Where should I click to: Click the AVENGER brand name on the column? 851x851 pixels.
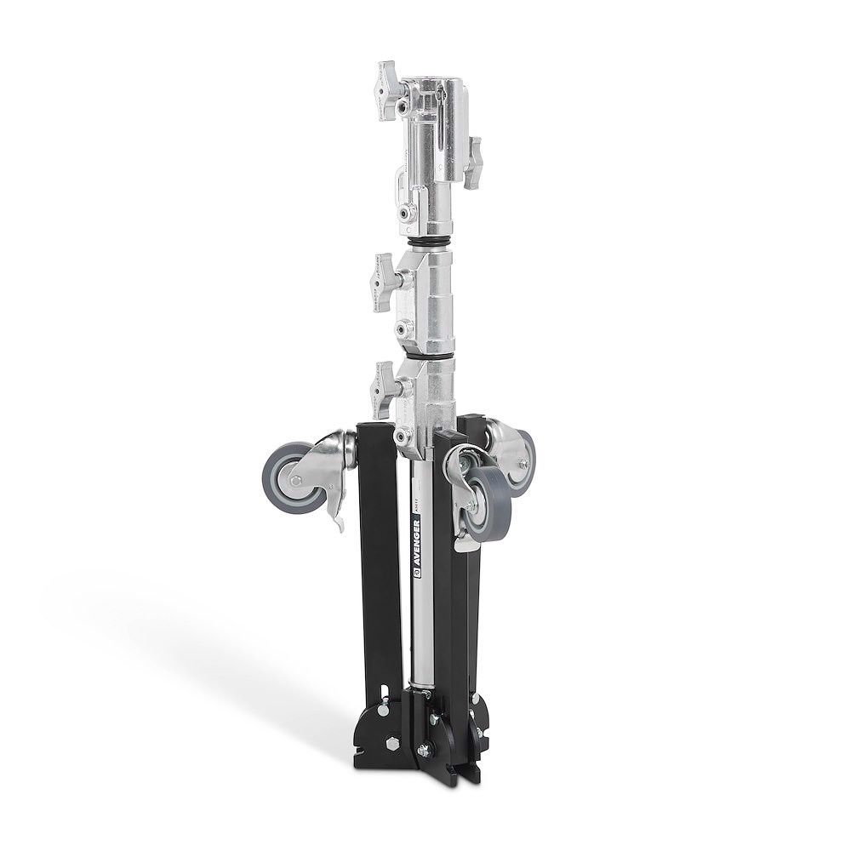pyautogui.click(x=416, y=533)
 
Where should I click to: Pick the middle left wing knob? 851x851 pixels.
pyautogui.click(x=378, y=282)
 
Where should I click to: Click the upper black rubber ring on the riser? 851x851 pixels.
pyautogui.click(x=432, y=244)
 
